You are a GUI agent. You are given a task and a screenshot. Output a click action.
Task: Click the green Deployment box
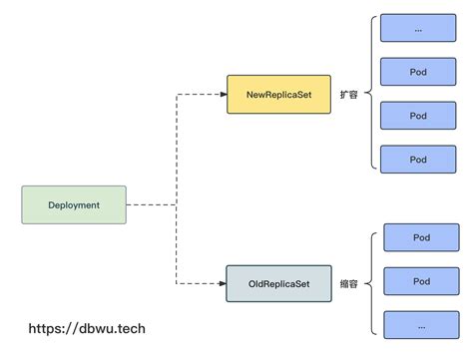click(74, 204)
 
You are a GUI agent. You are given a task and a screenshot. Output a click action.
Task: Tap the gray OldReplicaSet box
click(278, 284)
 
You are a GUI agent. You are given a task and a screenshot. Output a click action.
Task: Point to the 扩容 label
click(348, 94)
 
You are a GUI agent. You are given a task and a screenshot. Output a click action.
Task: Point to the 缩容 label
click(348, 284)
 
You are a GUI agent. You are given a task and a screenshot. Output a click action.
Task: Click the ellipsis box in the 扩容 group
click(417, 28)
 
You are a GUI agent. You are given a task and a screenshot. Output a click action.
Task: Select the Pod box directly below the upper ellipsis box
click(417, 72)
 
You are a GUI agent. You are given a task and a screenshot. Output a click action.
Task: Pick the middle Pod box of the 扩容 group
click(417, 115)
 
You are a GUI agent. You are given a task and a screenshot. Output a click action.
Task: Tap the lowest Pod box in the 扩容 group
click(417, 158)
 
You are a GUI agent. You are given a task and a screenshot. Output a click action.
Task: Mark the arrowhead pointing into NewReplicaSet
click(222, 94)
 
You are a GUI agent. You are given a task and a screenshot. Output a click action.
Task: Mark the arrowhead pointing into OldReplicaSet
click(222, 284)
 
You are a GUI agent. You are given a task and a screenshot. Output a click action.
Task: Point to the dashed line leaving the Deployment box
click(150, 204)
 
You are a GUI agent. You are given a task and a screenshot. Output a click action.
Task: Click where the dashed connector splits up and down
click(176, 204)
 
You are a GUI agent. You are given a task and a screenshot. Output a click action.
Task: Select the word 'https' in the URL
click(46, 327)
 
